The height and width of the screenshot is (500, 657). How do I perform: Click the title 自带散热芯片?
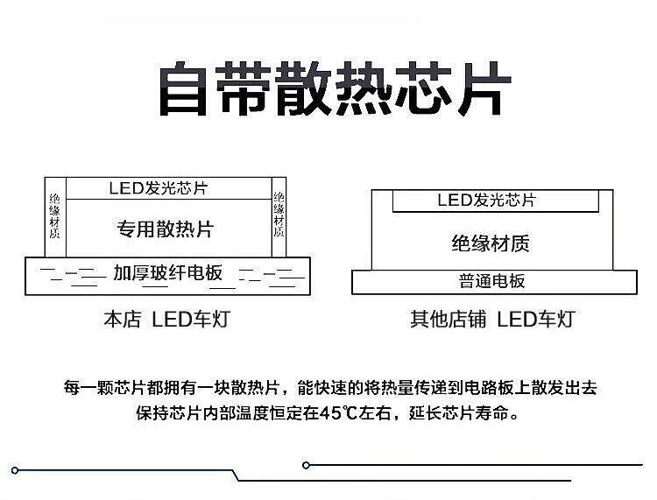coord(334,88)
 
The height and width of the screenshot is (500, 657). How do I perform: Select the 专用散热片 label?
coord(166,229)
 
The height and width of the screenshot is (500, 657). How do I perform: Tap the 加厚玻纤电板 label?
coord(167,272)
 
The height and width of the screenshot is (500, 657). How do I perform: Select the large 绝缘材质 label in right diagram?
coord(490,243)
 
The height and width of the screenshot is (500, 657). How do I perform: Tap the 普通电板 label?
coord(491,281)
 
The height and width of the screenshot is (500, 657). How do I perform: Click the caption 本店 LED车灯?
coord(166,320)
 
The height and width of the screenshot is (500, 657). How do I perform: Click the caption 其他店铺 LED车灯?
coord(492,320)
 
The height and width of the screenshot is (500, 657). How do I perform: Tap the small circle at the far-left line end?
coord(15,470)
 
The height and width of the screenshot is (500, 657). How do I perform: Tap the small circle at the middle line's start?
coord(306,465)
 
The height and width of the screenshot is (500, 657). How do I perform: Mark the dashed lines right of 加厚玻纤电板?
coord(268,274)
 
